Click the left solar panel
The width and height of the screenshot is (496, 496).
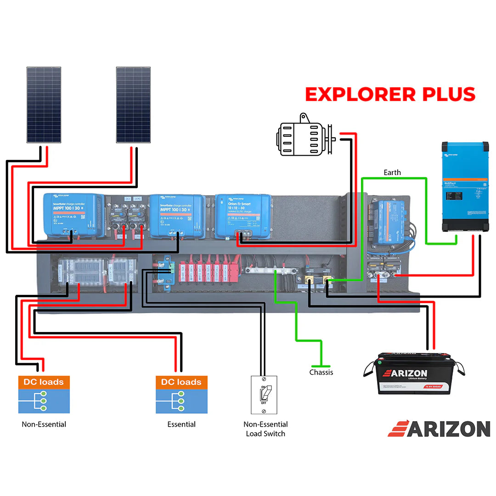pyautogui.click(x=44, y=105)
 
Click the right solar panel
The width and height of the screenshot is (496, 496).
pyautogui.click(x=133, y=105)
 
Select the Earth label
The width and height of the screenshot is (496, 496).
pyautogui.click(x=392, y=173)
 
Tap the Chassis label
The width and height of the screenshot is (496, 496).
pyautogui.click(x=321, y=372)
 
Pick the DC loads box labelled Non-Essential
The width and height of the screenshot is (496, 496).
pyautogui.click(x=44, y=395)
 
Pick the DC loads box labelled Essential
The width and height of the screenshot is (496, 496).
pyautogui.click(x=181, y=395)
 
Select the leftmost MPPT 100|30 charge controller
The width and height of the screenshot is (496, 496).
pyautogui.click(x=73, y=213)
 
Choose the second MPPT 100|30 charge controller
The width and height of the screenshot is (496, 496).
pyautogui.click(x=177, y=215)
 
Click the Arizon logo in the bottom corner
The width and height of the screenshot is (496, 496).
pyautogui.click(x=439, y=429)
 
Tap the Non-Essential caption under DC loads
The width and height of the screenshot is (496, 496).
pyautogui.click(x=44, y=424)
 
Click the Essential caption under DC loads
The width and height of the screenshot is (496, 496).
pyautogui.click(x=181, y=424)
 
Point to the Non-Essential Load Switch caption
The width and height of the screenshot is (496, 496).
pyautogui.click(x=265, y=429)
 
